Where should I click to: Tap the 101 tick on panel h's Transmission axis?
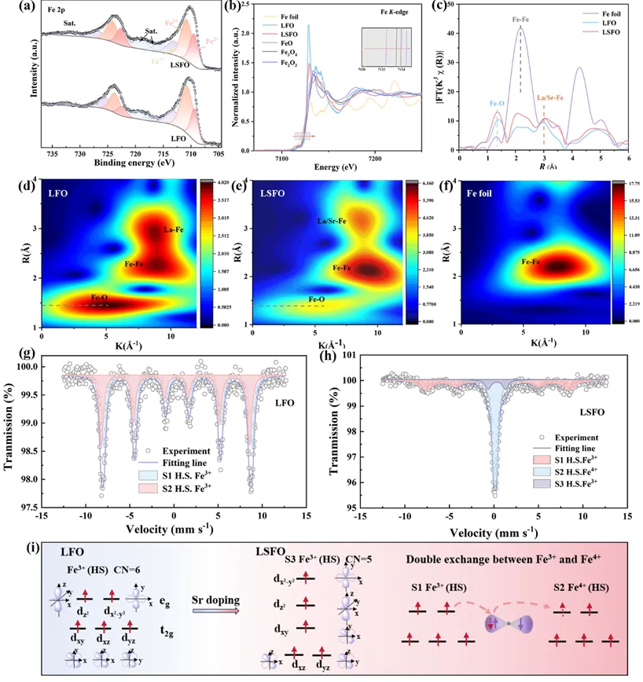(356, 355)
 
